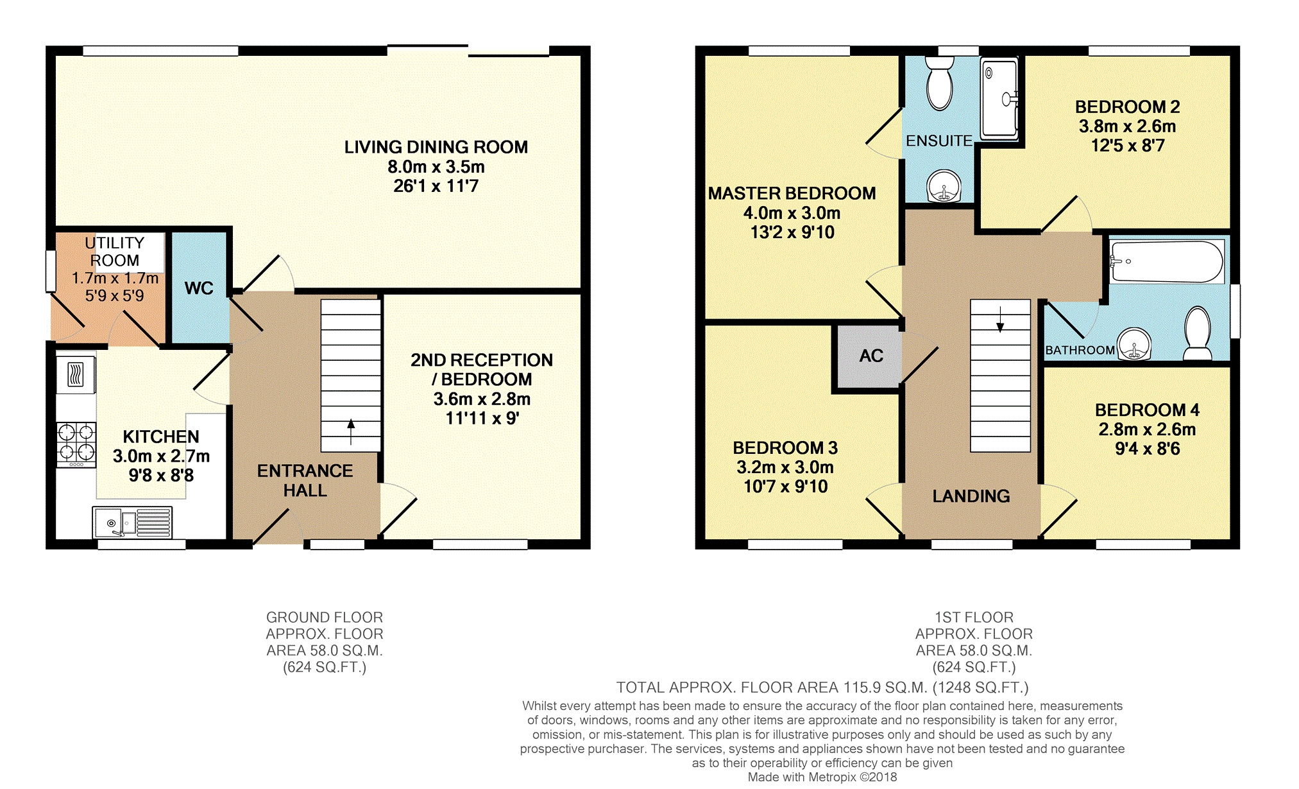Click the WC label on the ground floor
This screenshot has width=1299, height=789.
coord(199,288)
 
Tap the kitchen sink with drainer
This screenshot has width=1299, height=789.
coord(133,522)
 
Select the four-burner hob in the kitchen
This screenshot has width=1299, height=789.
coord(76,444)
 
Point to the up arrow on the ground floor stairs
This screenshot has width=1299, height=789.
coord(351,432)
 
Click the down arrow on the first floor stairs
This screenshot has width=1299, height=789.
coord(1000,319)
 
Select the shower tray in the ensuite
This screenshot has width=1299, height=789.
coord(999,98)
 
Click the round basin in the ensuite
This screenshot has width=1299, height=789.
coord(944,186)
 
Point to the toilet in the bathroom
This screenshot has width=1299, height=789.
coord(1197,333)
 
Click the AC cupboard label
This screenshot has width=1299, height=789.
coord(871,356)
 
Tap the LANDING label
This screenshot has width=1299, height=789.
coord(971,496)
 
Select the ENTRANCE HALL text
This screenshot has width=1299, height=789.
coord(305,481)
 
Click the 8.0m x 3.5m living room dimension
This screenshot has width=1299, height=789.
coord(436,167)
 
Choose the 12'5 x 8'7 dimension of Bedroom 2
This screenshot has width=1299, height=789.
coord(1128,146)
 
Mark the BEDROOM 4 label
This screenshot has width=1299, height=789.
coord(1147,410)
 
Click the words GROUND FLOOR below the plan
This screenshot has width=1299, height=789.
coord(325,618)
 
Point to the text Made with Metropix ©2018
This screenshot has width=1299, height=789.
coord(822,777)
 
